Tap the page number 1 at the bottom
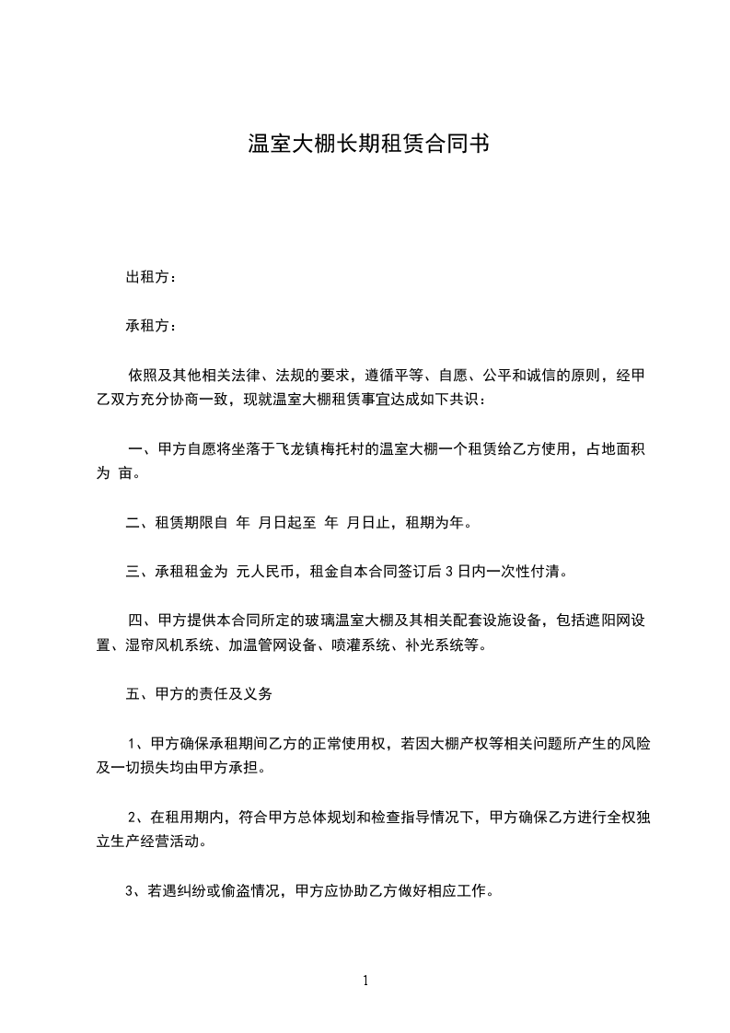coord(365,981)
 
